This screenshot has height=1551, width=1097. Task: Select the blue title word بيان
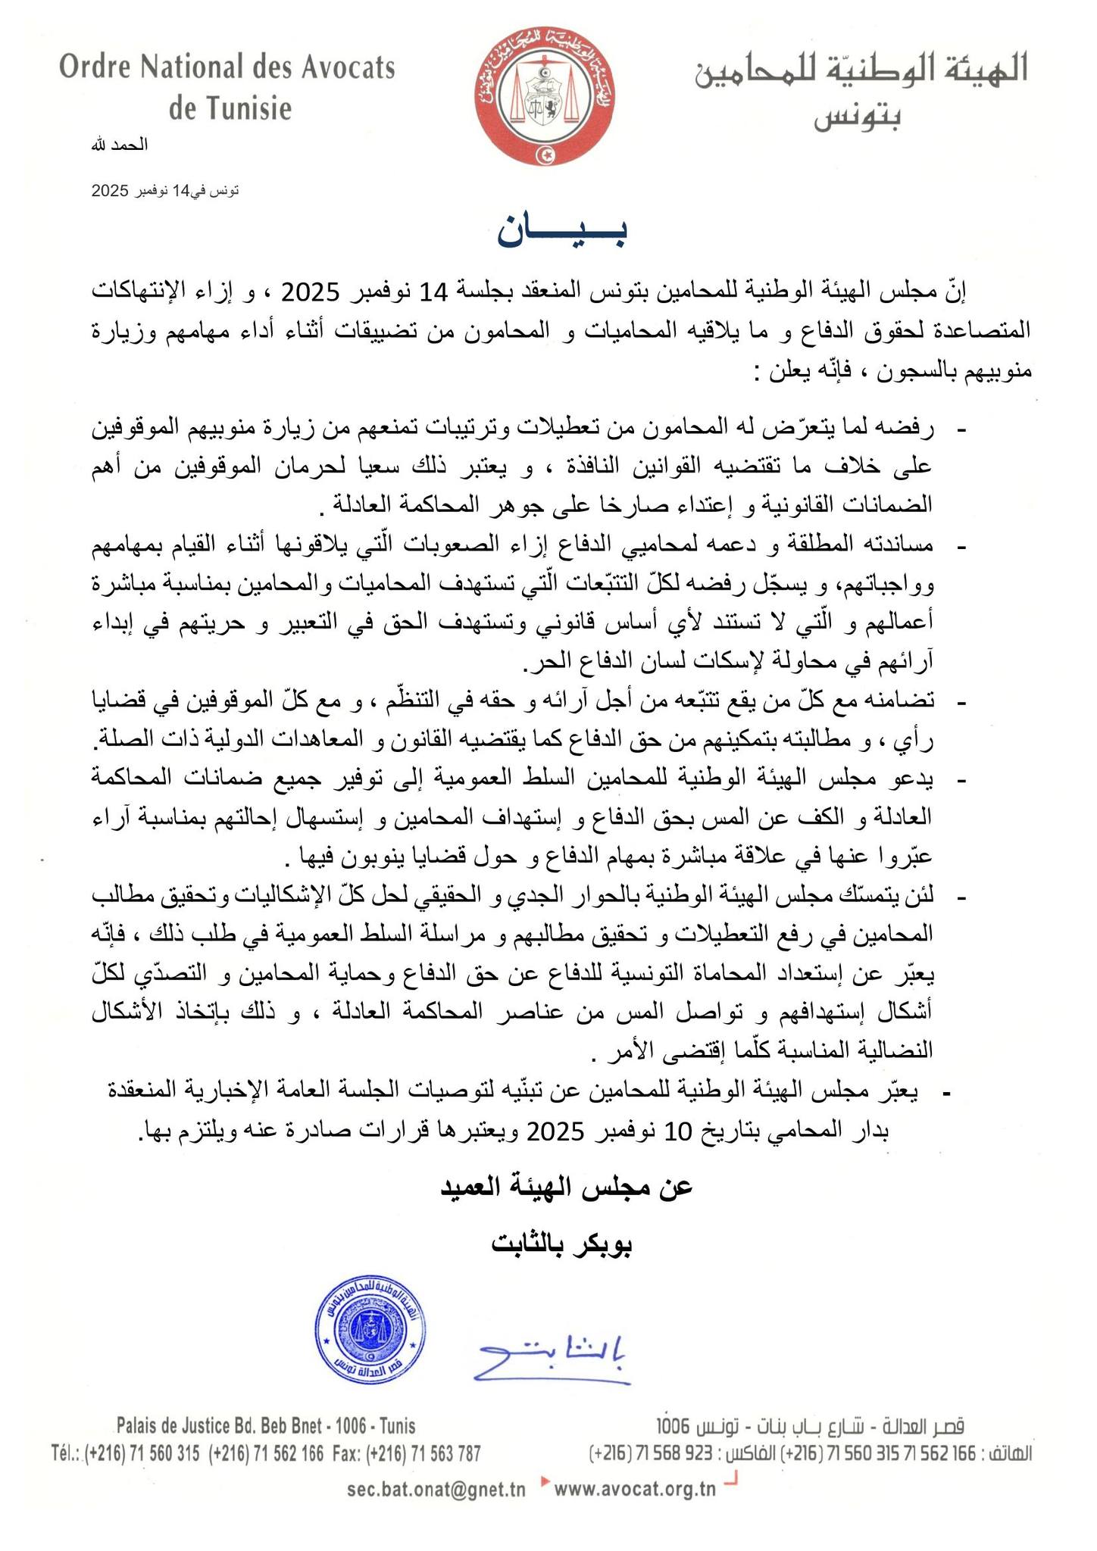562,232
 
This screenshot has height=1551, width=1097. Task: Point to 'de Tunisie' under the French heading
230,109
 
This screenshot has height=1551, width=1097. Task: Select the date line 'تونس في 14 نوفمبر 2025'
165,190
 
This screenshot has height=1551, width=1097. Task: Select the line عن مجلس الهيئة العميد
567,1185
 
